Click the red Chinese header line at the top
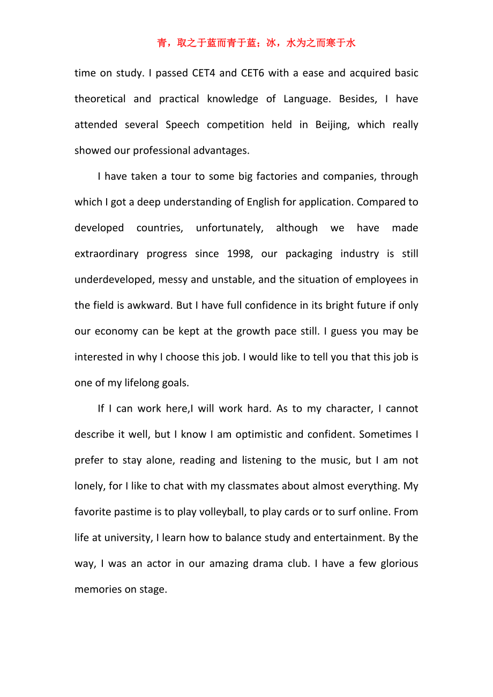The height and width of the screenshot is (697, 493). (256, 43)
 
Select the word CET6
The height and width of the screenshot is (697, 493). (253, 73)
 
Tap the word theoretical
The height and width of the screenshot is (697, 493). (100, 99)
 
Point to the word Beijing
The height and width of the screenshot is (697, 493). (331, 125)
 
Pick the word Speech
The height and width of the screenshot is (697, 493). (182, 125)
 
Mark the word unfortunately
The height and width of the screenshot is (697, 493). (229, 228)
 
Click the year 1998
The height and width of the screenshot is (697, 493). (239, 254)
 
